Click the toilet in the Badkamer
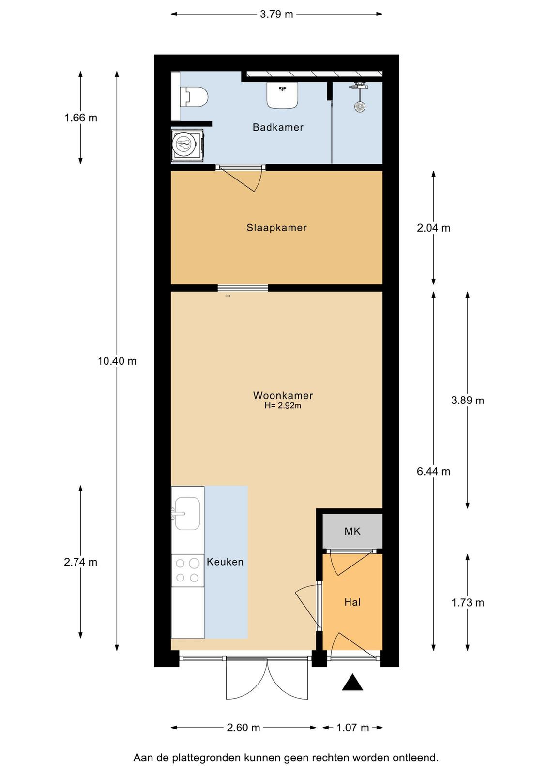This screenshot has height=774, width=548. tap(194, 97)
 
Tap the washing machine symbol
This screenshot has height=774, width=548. tap(187, 145)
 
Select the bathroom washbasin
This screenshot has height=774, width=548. tap(282, 95)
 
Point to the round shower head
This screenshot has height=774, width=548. tap(360, 106)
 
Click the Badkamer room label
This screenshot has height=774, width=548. tap(278, 128)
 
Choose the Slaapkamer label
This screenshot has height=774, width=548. tap(276, 228)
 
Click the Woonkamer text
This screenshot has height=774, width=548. tap(283, 395)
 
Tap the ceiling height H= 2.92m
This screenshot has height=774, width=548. tap(283, 406)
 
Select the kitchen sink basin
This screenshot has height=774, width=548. tap(187, 513)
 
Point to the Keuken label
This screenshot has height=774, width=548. tap(225, 562)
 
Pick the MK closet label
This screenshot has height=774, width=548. tap(352, 531)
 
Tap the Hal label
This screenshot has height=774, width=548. tap(352, 602)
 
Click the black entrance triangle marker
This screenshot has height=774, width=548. tap(352, 682)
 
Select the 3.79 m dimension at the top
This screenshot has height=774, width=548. tap(276, 14)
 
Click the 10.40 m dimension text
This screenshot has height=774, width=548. tap(117, 361)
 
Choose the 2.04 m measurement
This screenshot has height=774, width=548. tap(434, 228)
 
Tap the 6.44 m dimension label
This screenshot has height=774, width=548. tap(434, 471)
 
